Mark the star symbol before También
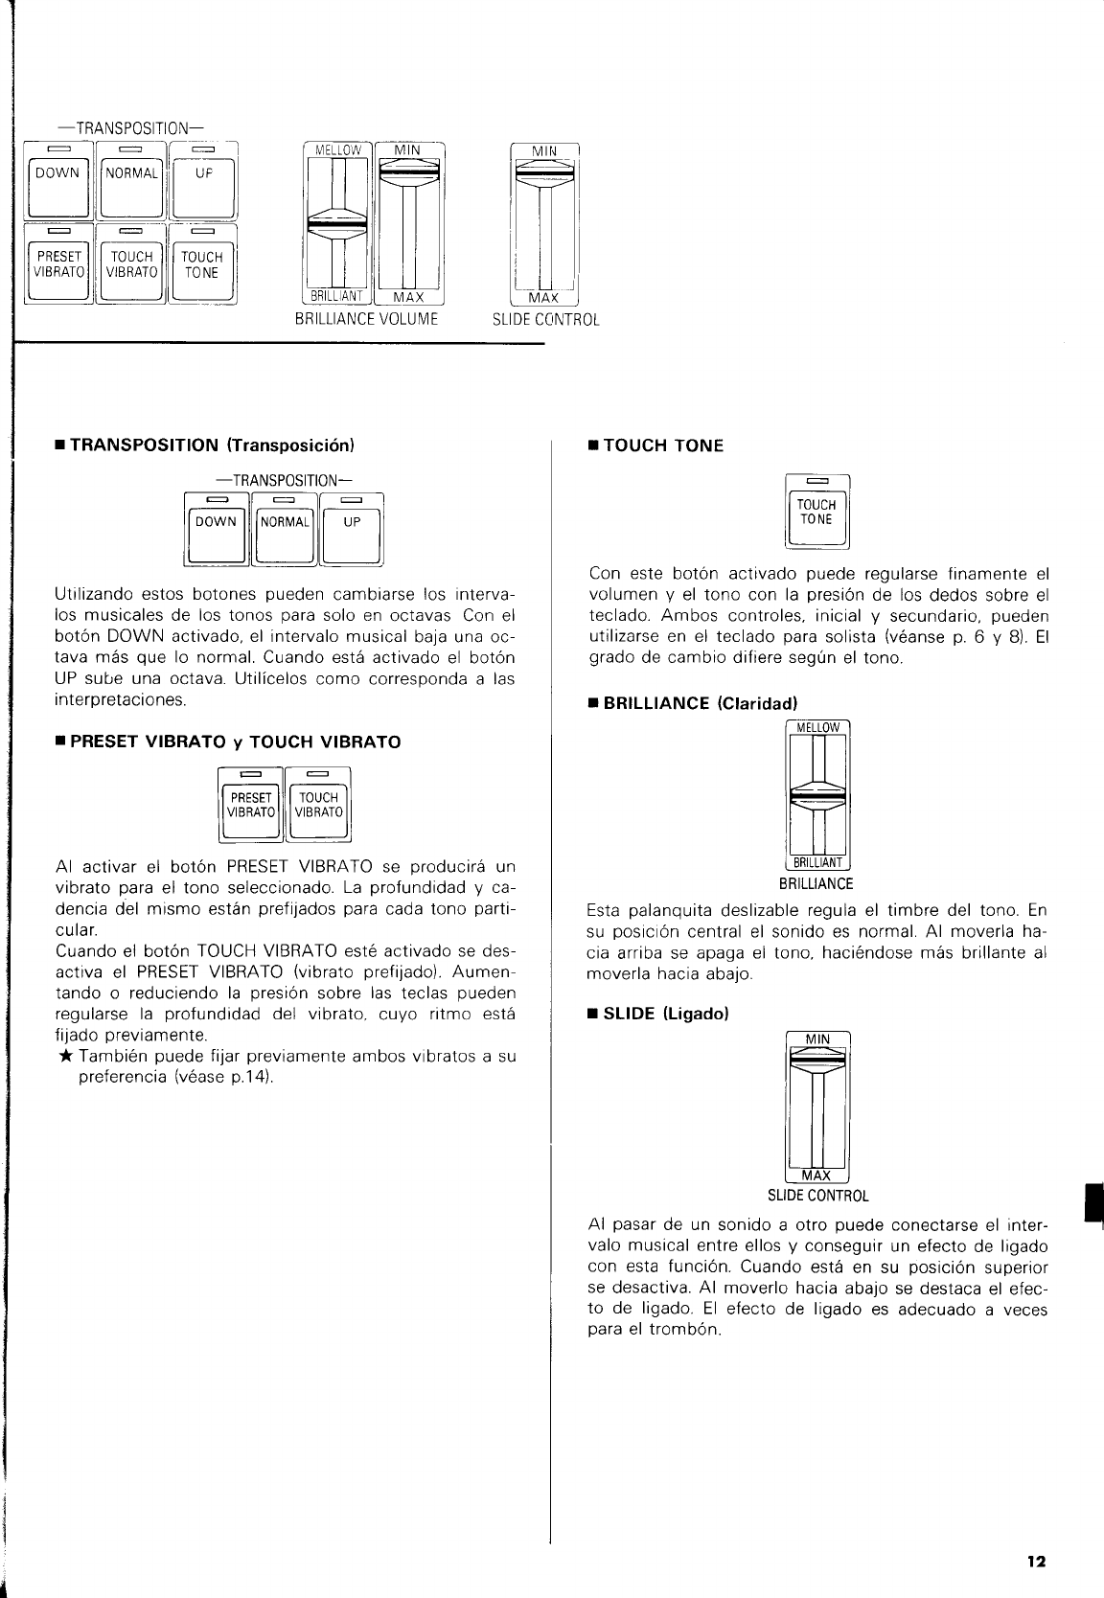pyautogui.click(x=64, y=1057)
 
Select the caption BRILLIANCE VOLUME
pyautogui.click(x=367, y=319)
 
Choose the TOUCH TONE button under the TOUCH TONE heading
pyautogui.click(x=817, y=514)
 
